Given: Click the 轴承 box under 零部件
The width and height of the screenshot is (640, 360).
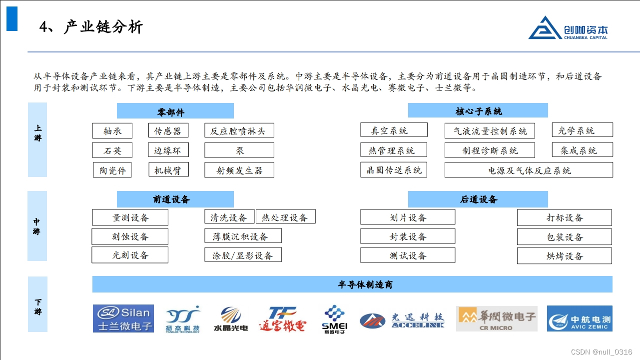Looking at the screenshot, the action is (113, 131).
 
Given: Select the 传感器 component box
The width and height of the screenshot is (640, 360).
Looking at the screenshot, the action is (168, 131).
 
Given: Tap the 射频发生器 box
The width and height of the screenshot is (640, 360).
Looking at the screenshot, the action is (239, 170).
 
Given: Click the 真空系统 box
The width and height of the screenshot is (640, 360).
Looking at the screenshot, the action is (394, 130).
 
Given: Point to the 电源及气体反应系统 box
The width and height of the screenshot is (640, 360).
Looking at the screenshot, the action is (529, 170).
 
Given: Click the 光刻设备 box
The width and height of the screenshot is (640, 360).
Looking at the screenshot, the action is (130, 255).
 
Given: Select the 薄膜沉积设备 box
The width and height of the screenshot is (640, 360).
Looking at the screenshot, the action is (243, 236).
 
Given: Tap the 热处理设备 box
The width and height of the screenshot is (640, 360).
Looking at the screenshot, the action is (285, 217).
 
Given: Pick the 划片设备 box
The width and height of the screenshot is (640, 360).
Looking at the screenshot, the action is (408, 217).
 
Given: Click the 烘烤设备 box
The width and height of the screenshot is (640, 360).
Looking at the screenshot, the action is (564, 256).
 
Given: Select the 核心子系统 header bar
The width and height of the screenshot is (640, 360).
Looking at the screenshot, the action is (478, 110).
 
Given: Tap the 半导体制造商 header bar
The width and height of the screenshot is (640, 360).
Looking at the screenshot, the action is (352, 284).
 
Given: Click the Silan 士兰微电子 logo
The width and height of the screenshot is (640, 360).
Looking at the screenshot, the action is (123, 319).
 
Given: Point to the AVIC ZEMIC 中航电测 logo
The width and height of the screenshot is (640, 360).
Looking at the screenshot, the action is (580, 319).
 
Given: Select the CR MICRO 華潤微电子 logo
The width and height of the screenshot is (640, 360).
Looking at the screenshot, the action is (497, 319).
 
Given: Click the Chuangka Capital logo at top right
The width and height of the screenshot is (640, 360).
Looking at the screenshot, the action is (568, 28).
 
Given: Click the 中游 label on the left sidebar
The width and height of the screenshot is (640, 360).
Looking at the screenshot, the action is (37, 226).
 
